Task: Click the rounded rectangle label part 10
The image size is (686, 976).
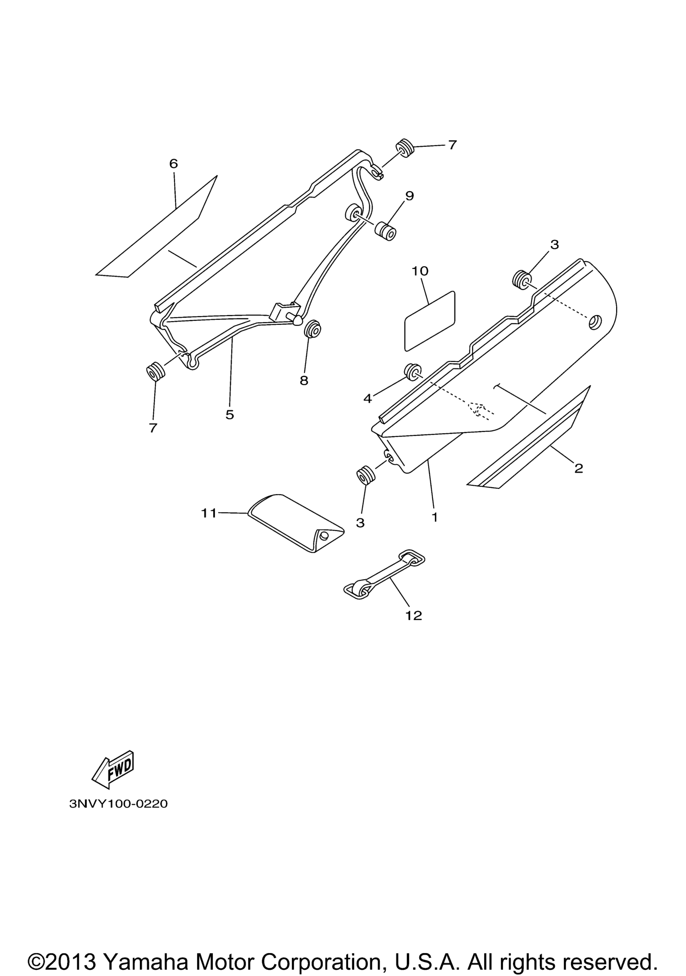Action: (x=429, y=321)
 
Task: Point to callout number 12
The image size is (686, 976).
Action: (x=413, y=615)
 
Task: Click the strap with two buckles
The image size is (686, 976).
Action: (x=384, y=574)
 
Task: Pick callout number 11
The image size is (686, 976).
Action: (x=209, y=513)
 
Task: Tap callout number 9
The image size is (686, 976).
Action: (x=409, y=196)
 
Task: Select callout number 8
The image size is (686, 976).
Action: (x=304, y=381)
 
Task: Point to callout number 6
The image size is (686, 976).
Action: (x=174, y=164)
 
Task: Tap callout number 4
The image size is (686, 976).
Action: (x=367, y=398)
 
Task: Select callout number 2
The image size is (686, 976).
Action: (x=578, y=469)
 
